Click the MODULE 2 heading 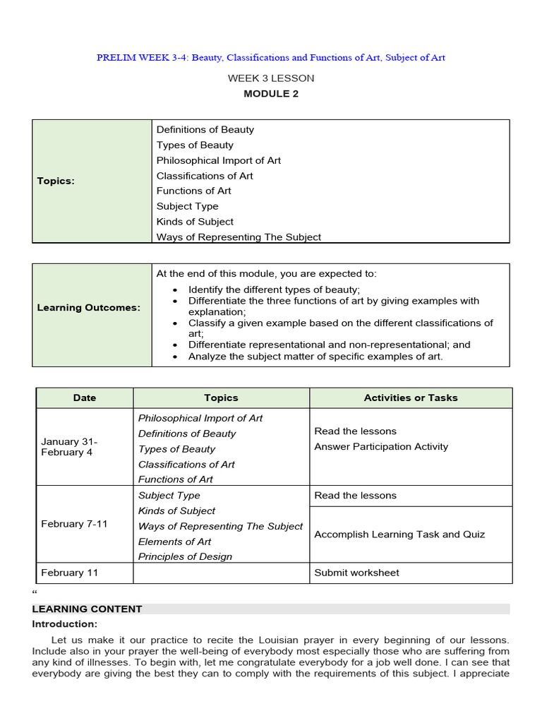point(271,94)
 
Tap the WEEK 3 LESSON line point(271,78)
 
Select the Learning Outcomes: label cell point(89,308)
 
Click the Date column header point(84,398)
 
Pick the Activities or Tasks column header point(410,398)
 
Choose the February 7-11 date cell point(74,524)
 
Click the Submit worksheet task point(356,573)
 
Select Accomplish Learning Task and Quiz point(399,534)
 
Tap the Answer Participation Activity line point(381,446)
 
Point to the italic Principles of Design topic point(185,556)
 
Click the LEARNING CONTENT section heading point(87,609)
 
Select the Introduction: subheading point(64,624)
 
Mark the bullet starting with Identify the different point(274,289)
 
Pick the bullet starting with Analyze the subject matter point(315,357)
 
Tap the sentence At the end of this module point(267,273)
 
